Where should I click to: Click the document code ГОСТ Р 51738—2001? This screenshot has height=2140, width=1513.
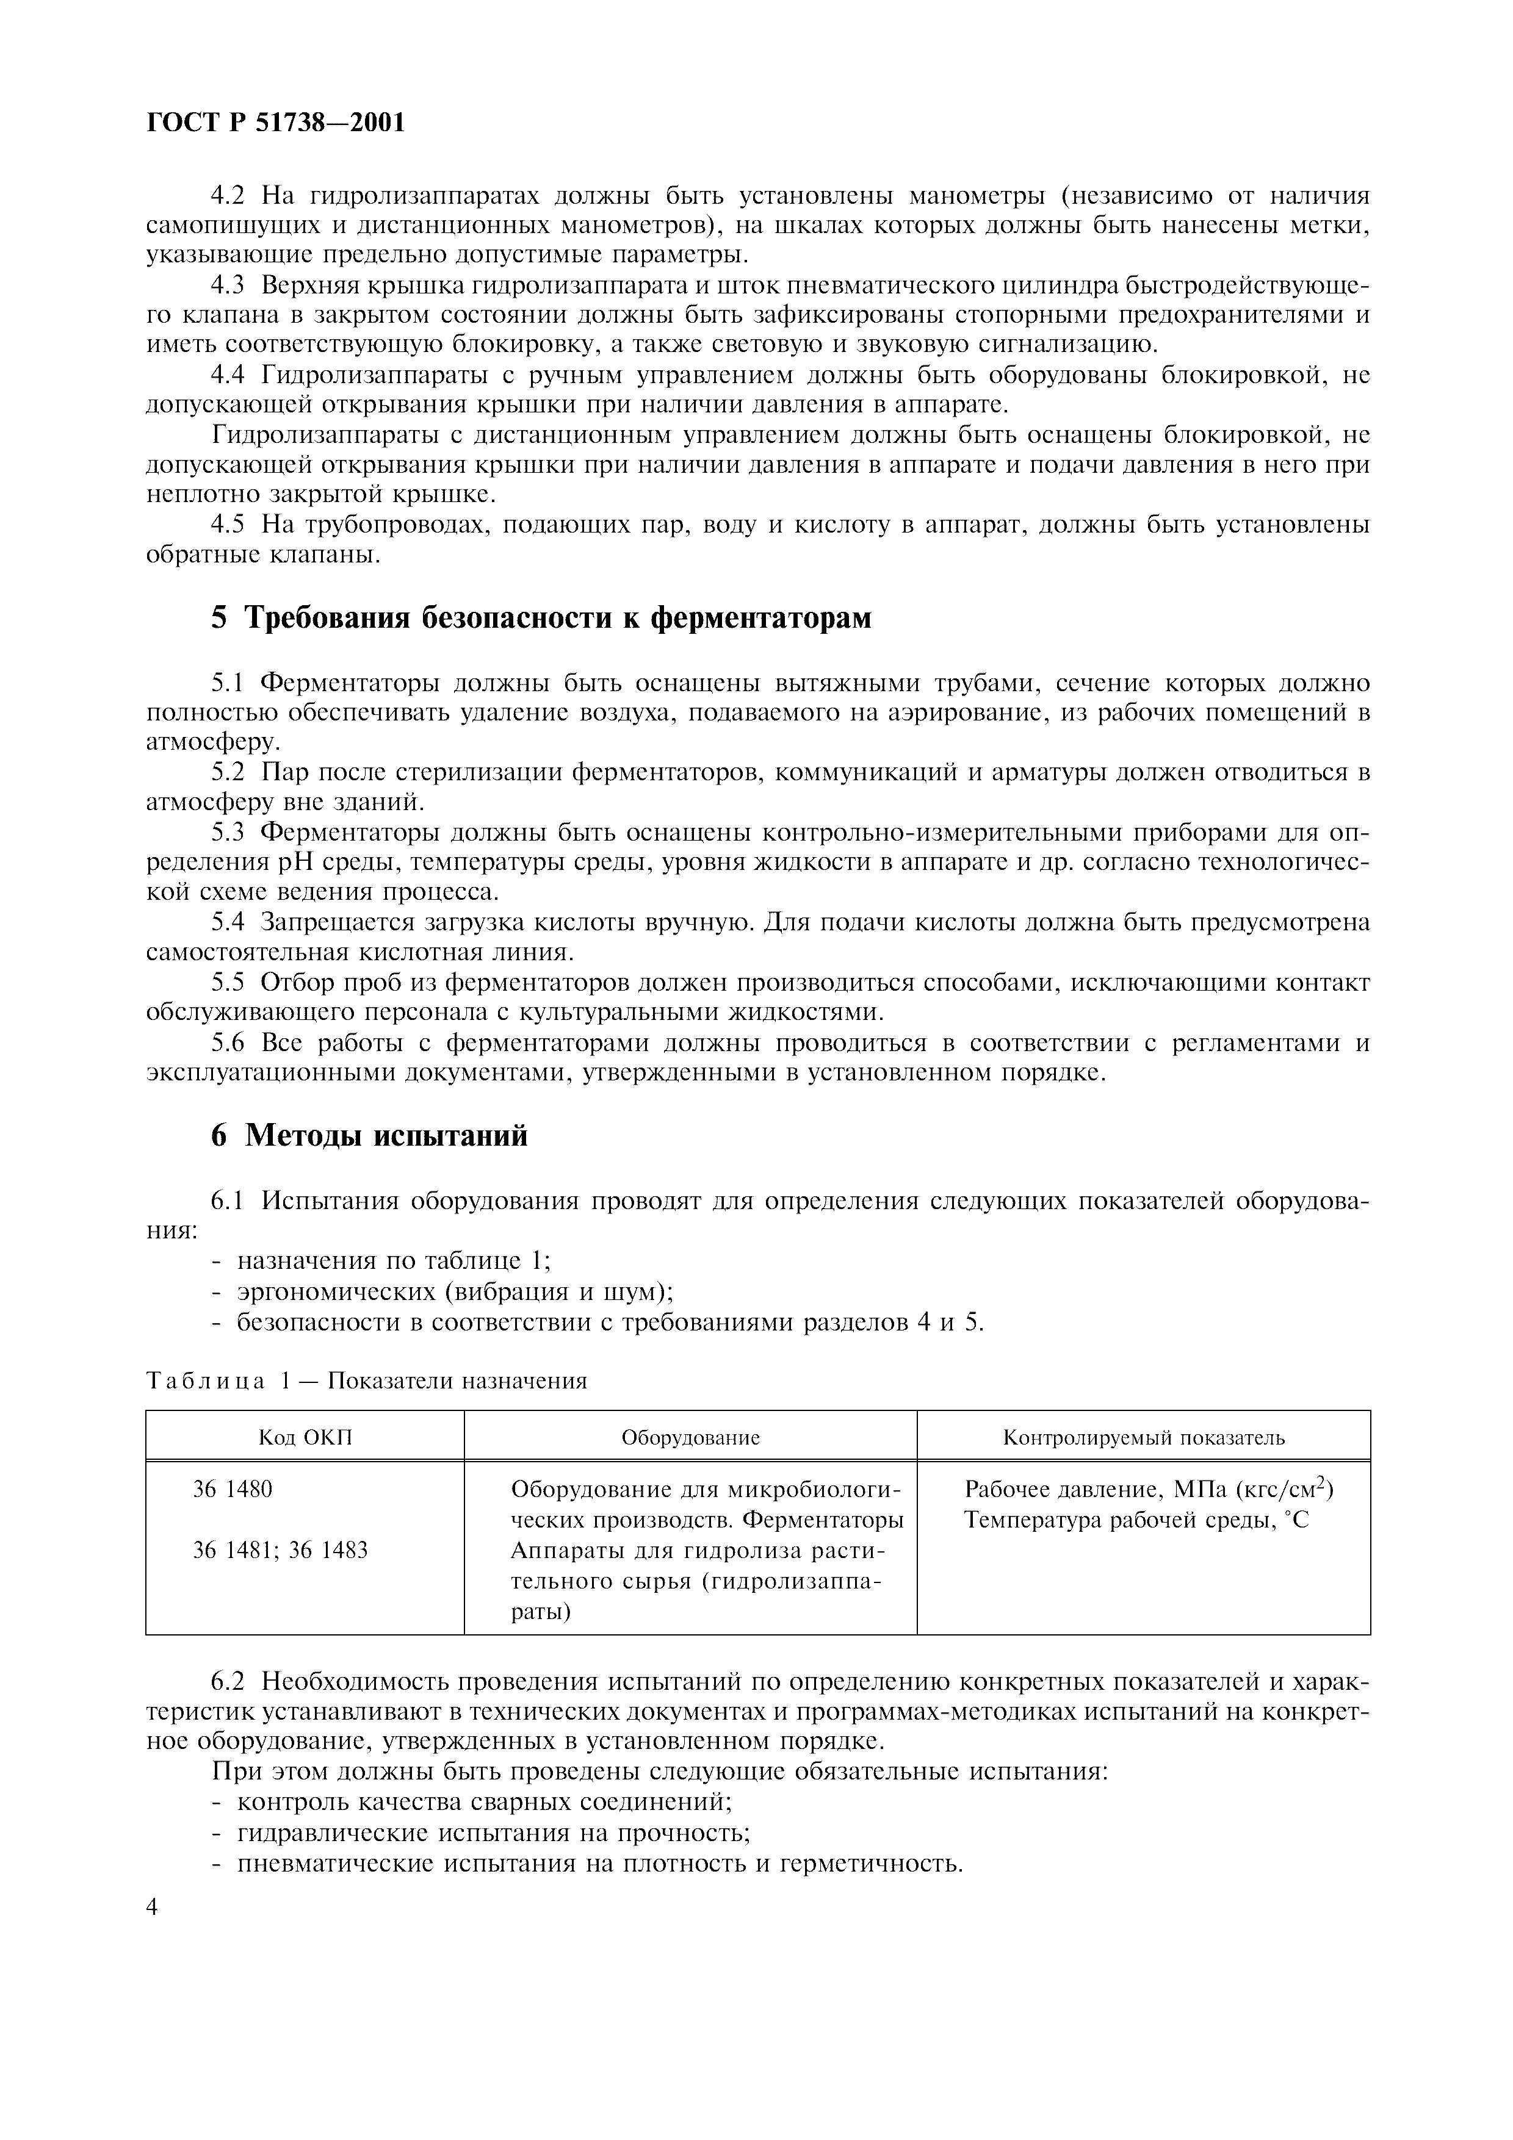pos(276,122)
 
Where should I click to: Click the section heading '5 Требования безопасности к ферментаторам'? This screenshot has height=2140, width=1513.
pos(541,617)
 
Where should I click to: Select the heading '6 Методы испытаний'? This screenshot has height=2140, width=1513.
pos(369,1135)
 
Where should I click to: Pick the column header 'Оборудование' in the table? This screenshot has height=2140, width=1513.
pos(691,1437)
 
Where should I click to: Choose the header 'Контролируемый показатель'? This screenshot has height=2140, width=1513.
pos(1143,1437)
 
